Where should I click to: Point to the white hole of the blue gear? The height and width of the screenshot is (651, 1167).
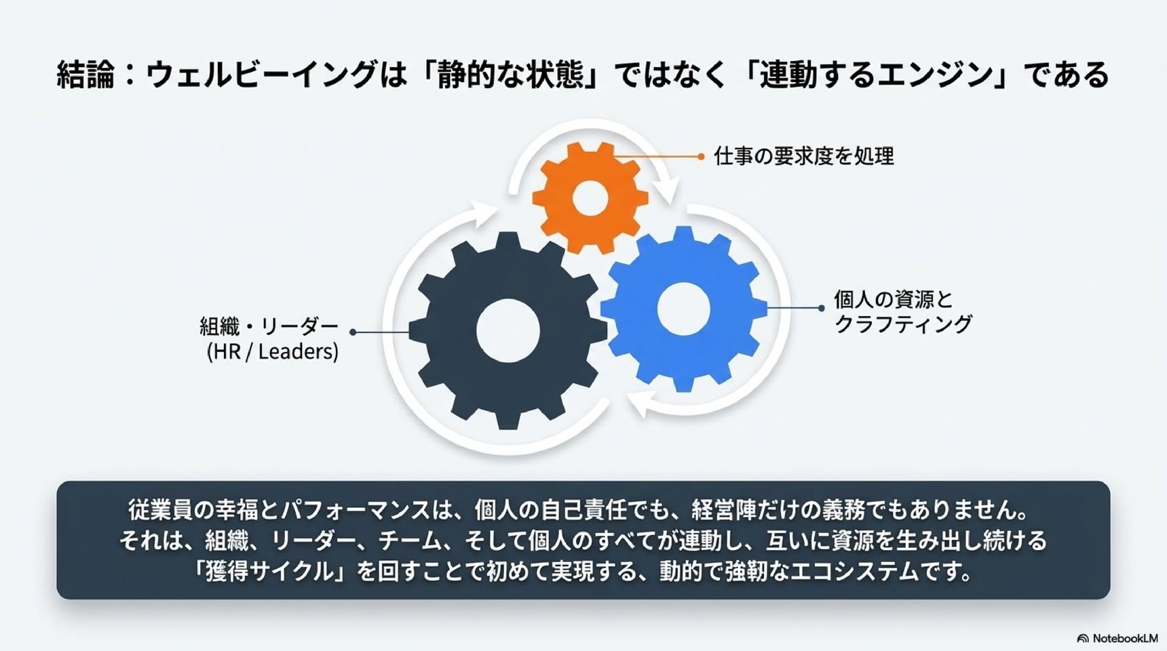point(684,309)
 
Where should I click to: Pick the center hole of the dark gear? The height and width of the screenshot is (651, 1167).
point(508,330)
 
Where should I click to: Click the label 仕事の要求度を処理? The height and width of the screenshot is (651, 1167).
point(804,157)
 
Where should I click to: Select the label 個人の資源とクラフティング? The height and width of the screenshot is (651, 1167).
point(903,311)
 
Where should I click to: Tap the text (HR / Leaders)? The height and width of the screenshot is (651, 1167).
point(272,351)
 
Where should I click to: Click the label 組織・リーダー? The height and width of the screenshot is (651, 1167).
point(269,326)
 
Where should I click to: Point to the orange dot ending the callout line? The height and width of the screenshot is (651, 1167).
point(701,157)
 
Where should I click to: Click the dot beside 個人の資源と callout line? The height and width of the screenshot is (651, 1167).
point(821,308)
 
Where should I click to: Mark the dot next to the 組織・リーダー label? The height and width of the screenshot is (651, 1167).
point(353,332)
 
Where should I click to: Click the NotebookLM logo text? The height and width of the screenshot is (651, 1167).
point(1125,638)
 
